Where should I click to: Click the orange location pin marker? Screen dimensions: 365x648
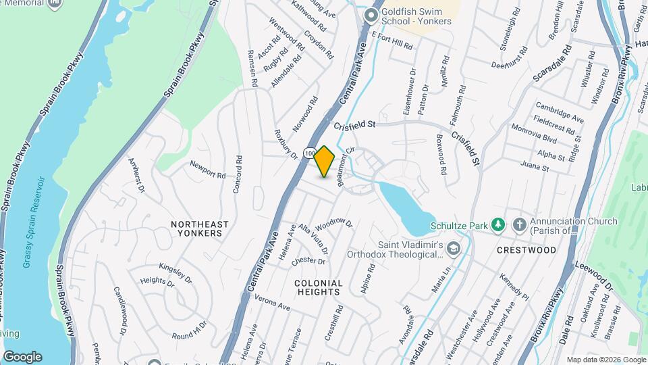tap(325, 162)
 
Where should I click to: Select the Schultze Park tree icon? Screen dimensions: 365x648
tap(497, 224)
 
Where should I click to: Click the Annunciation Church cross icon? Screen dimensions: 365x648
tap(519, 224)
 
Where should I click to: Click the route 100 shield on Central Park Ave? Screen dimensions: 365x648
tap(308, 153)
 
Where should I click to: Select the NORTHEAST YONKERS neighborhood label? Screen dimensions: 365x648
tap(199, 228)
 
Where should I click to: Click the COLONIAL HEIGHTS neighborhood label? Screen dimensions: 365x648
tap(319, 287)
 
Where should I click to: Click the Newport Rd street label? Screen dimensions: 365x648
tap(207, 170)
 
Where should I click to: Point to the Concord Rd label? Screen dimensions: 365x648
tap(238, 174)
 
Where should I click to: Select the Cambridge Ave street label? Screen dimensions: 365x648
tap(560, 112)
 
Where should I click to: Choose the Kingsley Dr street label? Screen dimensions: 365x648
tap(176, 272)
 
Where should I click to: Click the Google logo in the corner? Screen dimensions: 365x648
tap(22, 356)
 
